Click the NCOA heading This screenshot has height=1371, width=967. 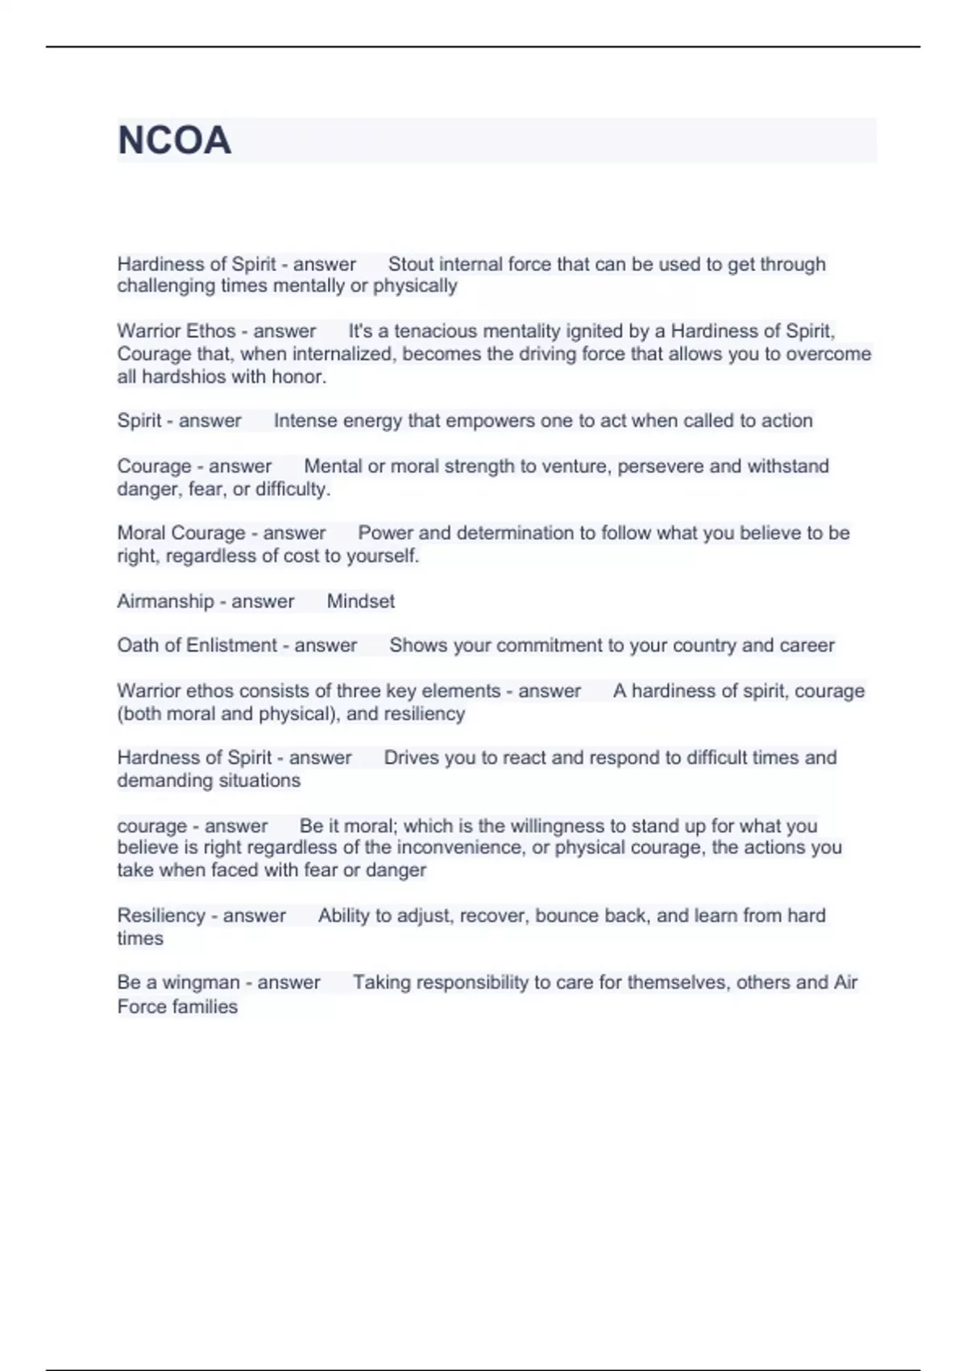coord(174,140)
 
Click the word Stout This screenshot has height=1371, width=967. coord(411,264)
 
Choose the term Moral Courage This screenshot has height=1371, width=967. coord(181,533)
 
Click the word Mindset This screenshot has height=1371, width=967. coord(360,601)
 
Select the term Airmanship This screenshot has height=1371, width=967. coord(165,601)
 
